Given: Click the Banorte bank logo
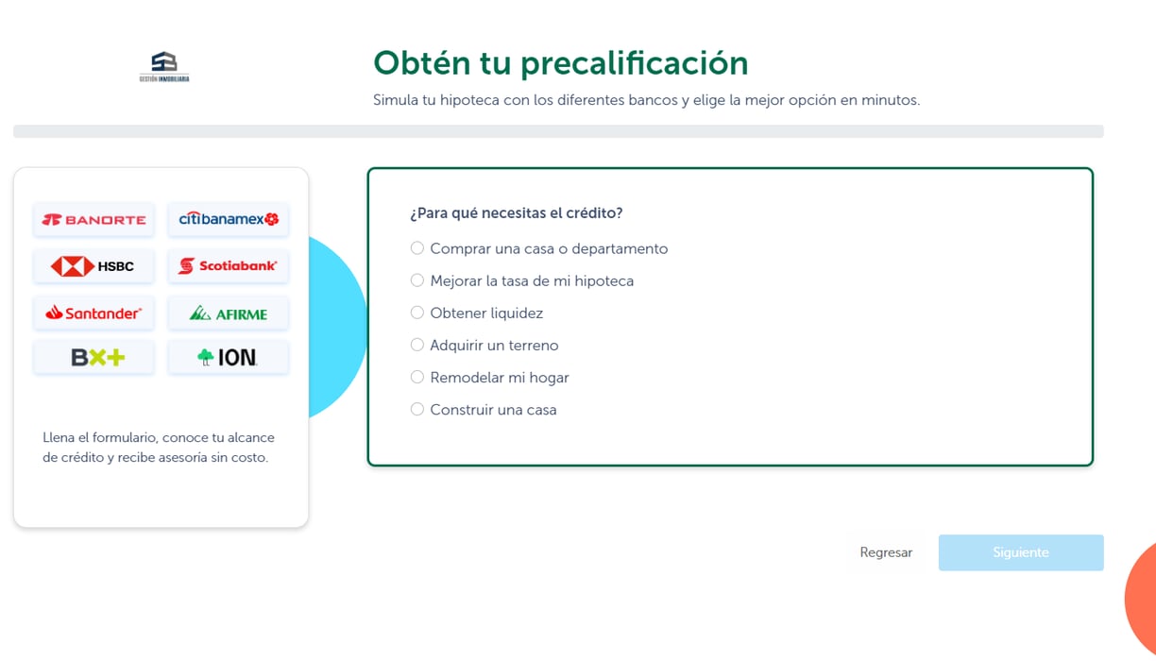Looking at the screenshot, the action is click(x=93, y=220).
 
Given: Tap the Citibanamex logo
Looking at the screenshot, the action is click(x=229, y=219).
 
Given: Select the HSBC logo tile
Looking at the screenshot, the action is click(x=93, y=266).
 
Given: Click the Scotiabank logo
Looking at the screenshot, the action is click(x=229, y=266).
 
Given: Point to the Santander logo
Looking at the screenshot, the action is click(x=93, y=314).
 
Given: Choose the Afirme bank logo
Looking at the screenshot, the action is click(x=229, y=314).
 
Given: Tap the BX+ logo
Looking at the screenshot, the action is click(x=93, y=357).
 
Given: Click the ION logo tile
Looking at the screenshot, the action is click(x=229, y=357).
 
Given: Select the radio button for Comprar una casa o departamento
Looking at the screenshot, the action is click(x=417, y=248).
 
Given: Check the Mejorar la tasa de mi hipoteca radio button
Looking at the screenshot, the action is click(x=417, y=280).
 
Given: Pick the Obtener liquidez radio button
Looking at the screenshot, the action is click(x=417, y=313).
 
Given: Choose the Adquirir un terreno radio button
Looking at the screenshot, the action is click(x=417, y=345).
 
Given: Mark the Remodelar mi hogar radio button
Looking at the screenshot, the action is click(x=417, y=377).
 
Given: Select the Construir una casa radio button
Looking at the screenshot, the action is click(x=417, y=409).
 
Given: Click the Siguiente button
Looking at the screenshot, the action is click(x=1021, y=552).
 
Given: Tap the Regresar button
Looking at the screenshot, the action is click(x=886, y=552).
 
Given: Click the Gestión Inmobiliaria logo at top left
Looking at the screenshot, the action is click(x=164, y=66).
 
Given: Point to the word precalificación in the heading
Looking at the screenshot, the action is click(x=634, y=64).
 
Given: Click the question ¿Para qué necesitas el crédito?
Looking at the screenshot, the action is click(x=516, y=213).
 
